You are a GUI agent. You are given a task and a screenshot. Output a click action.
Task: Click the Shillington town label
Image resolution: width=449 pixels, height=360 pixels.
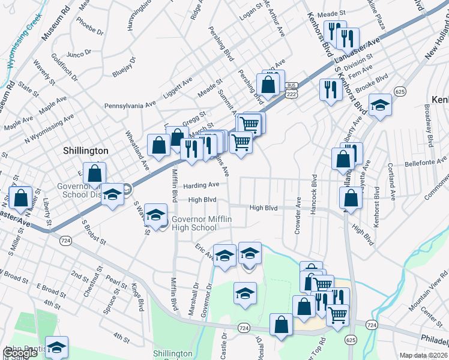pyautogui.click(x=85, y=151)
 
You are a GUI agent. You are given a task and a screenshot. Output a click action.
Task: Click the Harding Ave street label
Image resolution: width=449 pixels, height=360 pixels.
pyautogui.click(x=202, y=185)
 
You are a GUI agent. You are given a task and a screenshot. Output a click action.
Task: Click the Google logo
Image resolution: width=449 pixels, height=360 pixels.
pyautogui.click(x=20, y=353)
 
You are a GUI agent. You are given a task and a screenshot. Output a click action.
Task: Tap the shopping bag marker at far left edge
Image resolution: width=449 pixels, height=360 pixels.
pyautogui.click(x=20, y=199)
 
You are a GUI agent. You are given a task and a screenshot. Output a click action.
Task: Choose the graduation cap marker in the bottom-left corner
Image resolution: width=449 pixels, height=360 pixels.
pyautogui.click(x=56, y=347)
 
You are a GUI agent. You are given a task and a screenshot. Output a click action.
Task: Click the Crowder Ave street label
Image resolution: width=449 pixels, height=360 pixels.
pyautogui.click(x=298, y=220)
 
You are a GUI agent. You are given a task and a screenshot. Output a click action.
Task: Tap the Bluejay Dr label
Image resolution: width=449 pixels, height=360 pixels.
pyautogui.click(x=124, y=67)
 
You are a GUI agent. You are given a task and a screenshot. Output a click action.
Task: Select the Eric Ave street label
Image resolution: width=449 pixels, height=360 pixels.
pyautogui.click(x=205, y=251)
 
